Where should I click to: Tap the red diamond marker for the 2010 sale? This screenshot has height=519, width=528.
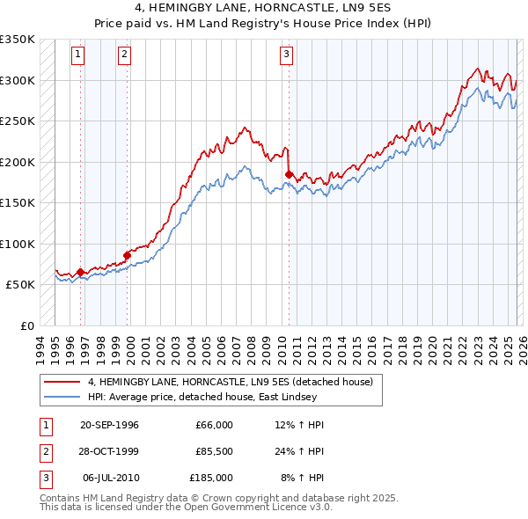coord(289,174)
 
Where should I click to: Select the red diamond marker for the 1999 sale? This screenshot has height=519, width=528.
coord(128,255)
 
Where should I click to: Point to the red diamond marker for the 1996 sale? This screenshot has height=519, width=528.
coord(81,272)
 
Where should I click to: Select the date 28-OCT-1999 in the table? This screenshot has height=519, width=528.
coord(109,451)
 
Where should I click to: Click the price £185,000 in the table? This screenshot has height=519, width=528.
coord(210,478)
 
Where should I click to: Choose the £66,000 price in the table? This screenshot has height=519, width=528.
coord(213,425)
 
